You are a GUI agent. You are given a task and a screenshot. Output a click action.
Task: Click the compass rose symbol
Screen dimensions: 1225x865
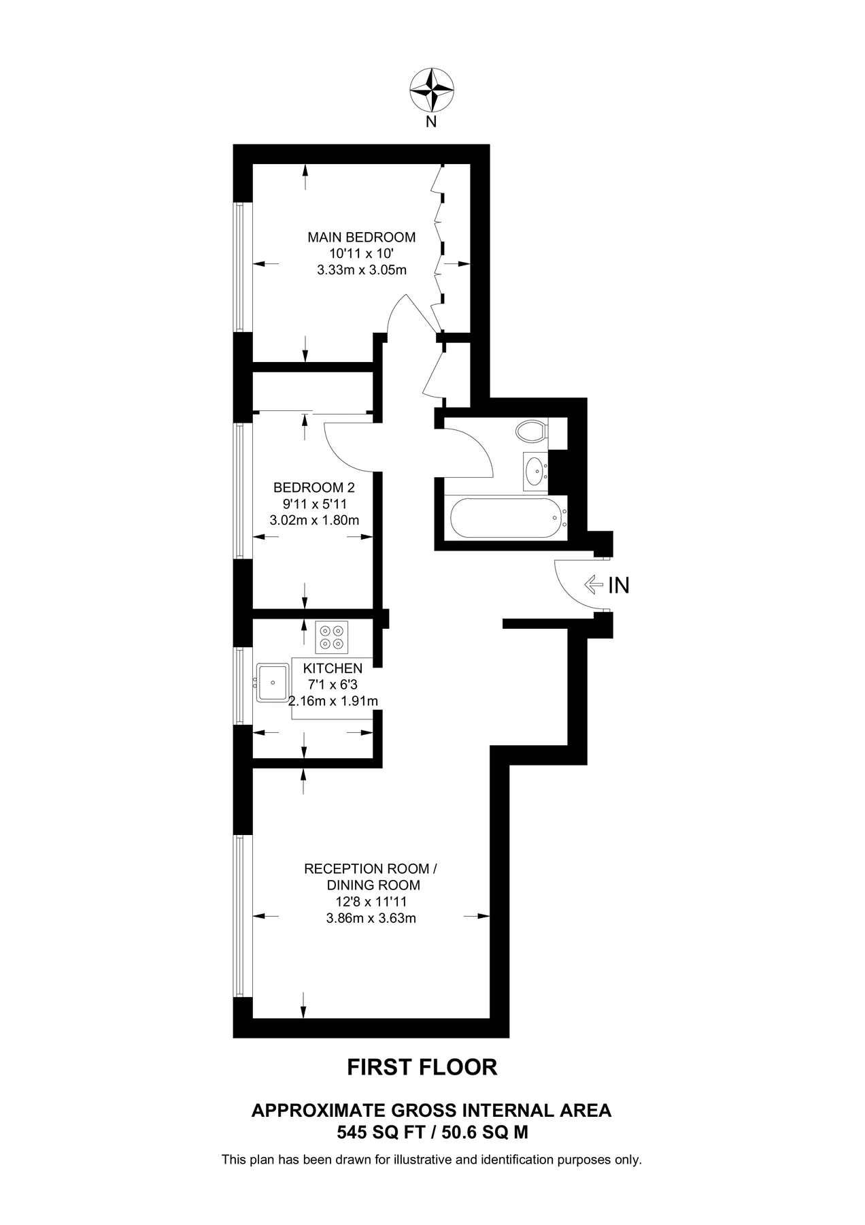[x=431, y=90]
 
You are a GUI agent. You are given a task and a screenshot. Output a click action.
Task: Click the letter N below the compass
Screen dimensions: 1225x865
[x=431, y=122]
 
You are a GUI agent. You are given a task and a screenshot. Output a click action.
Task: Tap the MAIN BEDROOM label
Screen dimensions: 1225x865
[x=361, y=238]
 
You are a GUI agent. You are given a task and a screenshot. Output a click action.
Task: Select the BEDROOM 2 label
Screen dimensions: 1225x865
[x=314, y=487]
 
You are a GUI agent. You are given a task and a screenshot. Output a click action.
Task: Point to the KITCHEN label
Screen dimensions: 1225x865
[x=333, y=668]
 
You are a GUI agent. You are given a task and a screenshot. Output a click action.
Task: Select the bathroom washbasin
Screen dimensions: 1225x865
[x=535, y=470]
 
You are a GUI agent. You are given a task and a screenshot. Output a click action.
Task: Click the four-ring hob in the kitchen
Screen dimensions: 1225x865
[x=332, y=637]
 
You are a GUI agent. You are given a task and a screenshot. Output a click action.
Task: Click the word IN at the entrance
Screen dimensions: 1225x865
[x=619, y=585]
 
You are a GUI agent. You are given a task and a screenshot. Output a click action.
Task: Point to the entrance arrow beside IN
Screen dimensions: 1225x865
[x=594, y=585]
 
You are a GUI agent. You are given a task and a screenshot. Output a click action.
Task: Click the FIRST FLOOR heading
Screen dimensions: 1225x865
[x=422, y=1066]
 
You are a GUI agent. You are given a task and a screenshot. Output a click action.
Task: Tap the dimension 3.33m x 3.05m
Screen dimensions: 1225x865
[x=362, y=270]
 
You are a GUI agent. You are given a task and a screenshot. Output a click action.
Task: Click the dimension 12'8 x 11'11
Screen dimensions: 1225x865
[x=371, y=902]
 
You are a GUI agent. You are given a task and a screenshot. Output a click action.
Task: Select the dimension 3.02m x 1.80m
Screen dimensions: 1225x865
[x=314, y=521]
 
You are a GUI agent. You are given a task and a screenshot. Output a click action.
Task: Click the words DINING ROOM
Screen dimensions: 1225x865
[x=373, y=885]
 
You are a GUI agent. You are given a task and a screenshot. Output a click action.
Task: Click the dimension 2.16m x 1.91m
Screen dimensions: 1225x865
[x=333, y=701]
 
